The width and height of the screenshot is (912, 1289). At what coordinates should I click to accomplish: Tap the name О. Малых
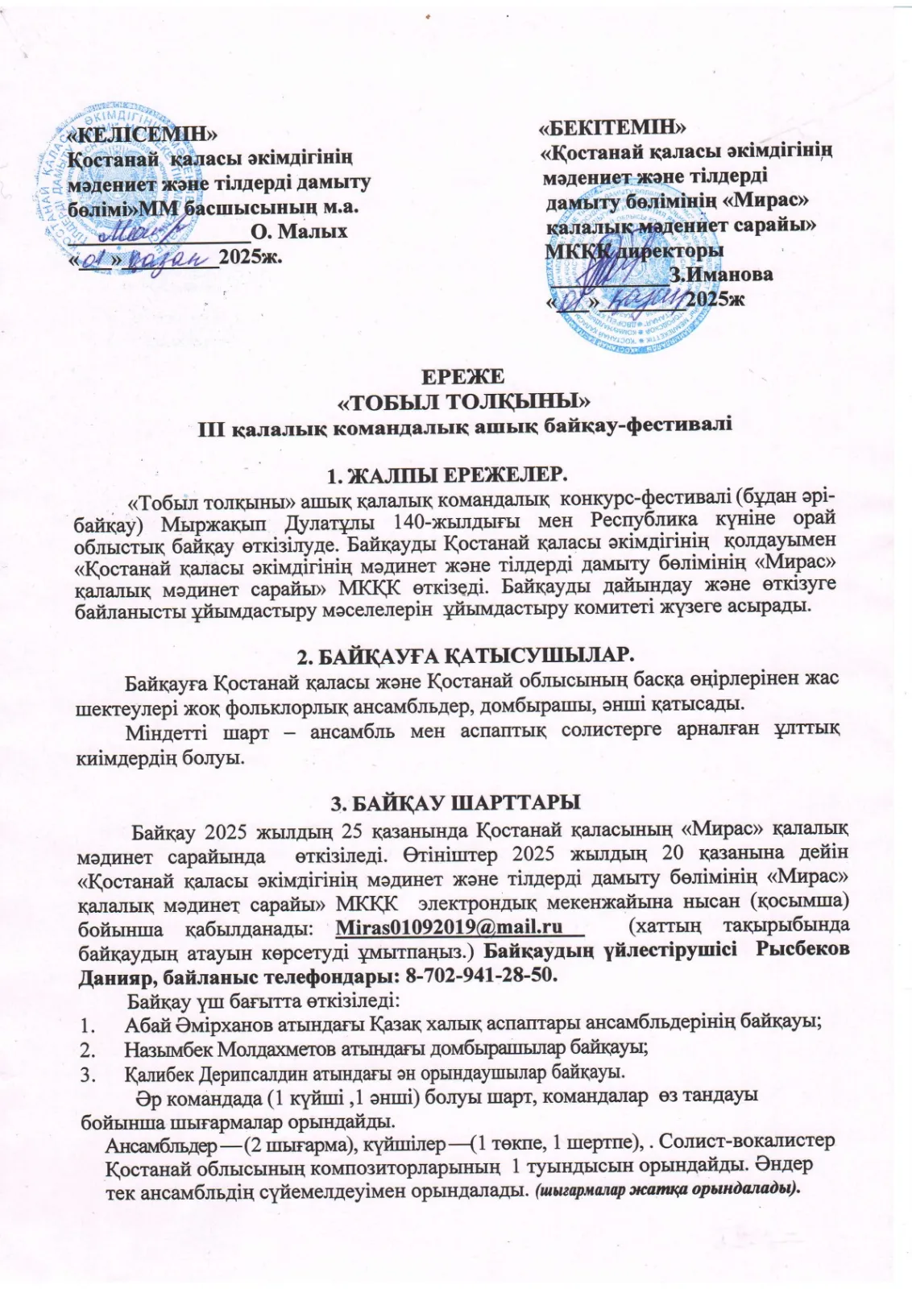tap(299, 232)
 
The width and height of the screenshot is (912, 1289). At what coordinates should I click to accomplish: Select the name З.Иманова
tap(721, 275)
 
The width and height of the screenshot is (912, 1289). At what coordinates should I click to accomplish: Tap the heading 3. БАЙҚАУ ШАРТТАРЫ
tap(456, 803)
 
